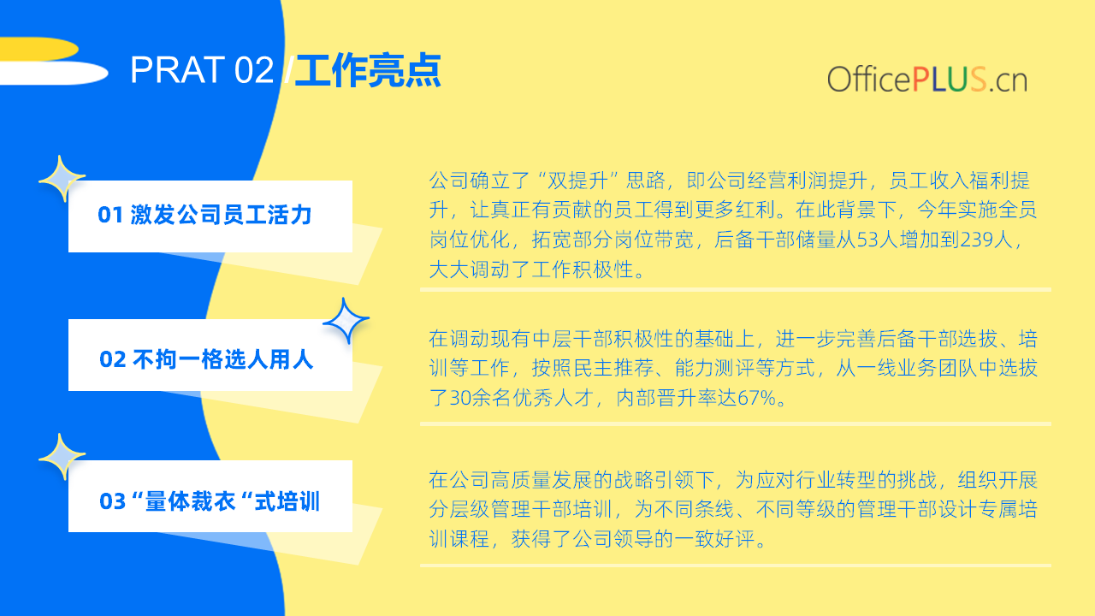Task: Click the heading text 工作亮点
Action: coord(368,70)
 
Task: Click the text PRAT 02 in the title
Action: coord(202,70)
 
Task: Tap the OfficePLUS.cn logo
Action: coord(926,80)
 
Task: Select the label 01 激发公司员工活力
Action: coord(204,215)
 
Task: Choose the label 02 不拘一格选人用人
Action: coord(206,359)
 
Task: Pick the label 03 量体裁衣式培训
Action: coord(210,501)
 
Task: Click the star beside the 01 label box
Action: coord(62,179)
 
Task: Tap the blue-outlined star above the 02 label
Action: coord(346,321)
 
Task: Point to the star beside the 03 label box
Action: coord(62,457)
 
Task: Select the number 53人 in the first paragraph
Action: coord(878,240)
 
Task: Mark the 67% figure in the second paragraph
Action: coord(757,398)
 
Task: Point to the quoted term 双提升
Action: coord(577,181)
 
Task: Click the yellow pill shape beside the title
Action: coord(39,49)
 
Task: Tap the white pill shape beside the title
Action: coord(54,74)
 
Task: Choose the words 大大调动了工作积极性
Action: coord(531,269)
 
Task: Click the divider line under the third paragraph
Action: coord(735,566)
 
